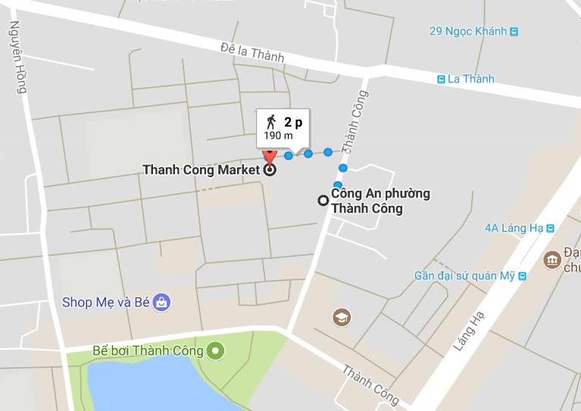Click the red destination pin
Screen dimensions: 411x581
click(x=267, y=157)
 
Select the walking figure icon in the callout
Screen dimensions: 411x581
click(x=270, y=121)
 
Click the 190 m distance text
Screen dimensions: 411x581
click(x=278, y=135)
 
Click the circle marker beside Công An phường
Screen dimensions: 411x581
click(x=323, y=201)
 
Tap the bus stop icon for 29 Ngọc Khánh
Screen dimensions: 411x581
click(x=514, y=31)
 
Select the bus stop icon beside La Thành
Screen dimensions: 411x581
click(x=441, y=79)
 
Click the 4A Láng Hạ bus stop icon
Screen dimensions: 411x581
click(x=551, y=227)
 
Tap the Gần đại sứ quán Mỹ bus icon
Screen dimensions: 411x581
click(x=520, y=276)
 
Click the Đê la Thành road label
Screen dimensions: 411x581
click(x=252, y=53)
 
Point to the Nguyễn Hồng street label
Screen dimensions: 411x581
click(x=17, y=57)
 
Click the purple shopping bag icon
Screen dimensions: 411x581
click(x=161, y=303)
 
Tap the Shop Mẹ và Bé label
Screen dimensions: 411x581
click(x=106, y=303)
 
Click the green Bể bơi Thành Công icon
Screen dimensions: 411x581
click(x=217, y=350)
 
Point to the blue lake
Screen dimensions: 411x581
click(x=151, y=386)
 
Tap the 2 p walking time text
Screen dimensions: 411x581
click(x=293, y=121)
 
